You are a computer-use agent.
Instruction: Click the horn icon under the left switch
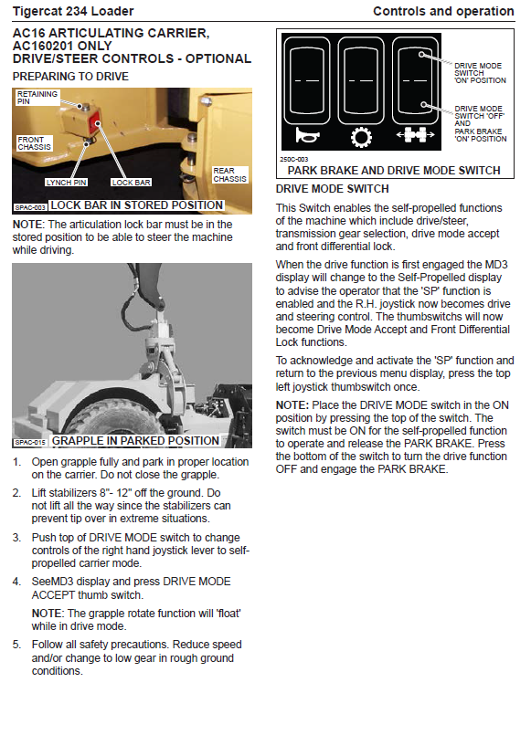(307, 135)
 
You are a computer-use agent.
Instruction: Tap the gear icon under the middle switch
(361, 137)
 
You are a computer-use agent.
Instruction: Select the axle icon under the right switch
(416, 135)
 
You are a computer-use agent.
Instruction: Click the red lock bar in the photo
(96, 124)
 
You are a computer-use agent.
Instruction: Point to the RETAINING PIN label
(37, 98)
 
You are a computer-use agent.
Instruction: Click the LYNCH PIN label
(66, 183)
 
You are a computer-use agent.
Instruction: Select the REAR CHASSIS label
(229, 174)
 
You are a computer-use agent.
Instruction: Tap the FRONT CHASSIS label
(34, 143)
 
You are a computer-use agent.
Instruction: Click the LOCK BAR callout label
(131, 183)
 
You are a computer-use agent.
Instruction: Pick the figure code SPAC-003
(30, 206)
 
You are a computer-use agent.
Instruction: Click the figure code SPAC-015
(30, 442)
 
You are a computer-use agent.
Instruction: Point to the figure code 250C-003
(293, 160)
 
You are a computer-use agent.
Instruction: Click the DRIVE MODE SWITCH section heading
(332, 189)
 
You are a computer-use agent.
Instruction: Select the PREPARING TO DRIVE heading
(70, 77)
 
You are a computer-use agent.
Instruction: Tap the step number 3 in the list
(16, 538)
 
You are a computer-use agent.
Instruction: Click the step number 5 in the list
(16, 645)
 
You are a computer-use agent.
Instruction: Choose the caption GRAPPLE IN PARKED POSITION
(135, 441)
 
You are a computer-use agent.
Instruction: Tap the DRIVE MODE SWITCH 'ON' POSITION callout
(480, 73)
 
